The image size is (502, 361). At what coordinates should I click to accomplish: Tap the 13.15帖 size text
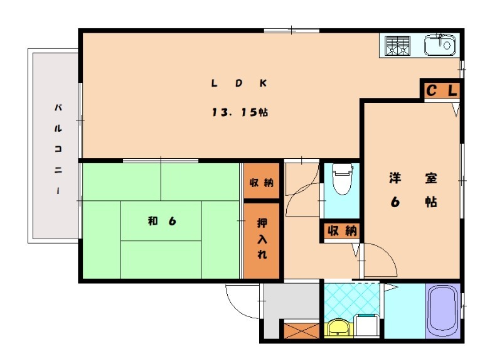pos(240,113)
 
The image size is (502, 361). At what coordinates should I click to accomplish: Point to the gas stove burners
pos(397,46)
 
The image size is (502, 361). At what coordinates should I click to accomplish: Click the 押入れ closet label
pos(262,239)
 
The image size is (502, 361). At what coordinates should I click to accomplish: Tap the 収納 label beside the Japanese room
pos(261,183)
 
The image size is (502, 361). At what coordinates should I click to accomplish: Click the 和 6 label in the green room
pos(161,220)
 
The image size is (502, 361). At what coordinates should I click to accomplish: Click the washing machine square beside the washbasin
pos(367,326)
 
